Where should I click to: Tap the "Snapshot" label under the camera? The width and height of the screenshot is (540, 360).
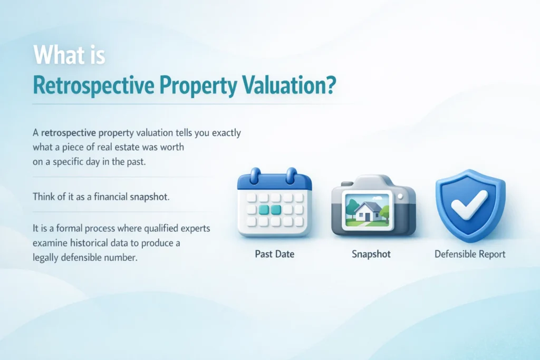371,254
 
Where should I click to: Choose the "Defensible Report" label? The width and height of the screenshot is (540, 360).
470,254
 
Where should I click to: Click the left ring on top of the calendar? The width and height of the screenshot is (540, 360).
255,174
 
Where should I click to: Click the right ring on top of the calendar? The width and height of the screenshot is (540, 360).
290,174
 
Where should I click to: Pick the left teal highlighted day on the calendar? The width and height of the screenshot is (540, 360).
263,210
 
